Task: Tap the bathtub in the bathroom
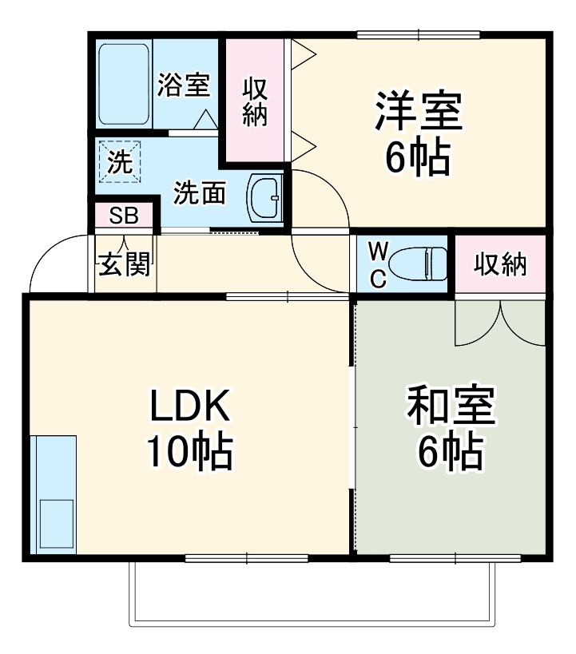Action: pyautogui.click(x=125, y=84)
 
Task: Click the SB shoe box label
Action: pyautogui.click(x=124, y=216)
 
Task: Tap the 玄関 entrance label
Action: pyautogui.click(x=124, y=264)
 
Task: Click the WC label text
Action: pyautogui.click(x=378, y=264)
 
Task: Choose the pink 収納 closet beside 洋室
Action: pyautogui.click(x=254, y=101)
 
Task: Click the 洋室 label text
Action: pyautogui.click(x=419, y=113)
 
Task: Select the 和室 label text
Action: pyautogui.click(x=451, y=408)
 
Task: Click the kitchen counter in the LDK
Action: pyautogui.click(x=54, y=494)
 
